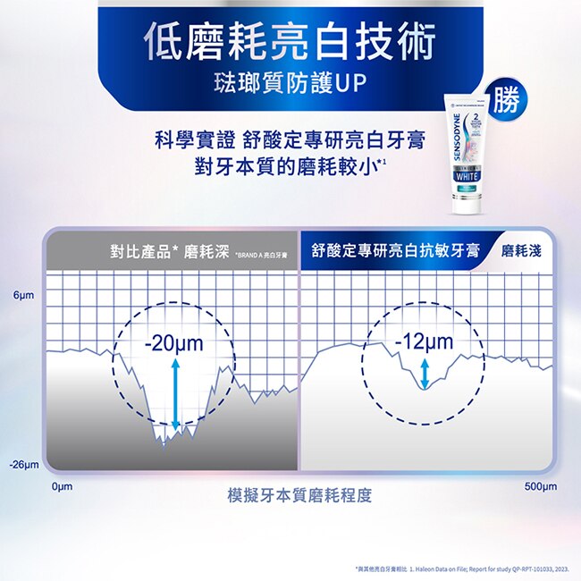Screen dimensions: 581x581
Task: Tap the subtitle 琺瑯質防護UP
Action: click(290, 85)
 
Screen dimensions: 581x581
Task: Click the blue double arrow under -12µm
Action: click(425, 373)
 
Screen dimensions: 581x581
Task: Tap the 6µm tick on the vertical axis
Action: click(24, 295)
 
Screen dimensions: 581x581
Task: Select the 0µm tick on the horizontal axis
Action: click(62, 486)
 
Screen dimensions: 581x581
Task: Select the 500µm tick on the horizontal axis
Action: click(540, 486)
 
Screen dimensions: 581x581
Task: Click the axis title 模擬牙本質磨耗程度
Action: click(299, 494)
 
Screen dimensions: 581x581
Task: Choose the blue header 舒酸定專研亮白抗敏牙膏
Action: click(396, 250)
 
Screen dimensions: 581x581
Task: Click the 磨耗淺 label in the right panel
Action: click(521, 250)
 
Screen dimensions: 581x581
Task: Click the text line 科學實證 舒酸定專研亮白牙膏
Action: click(290, 139)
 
